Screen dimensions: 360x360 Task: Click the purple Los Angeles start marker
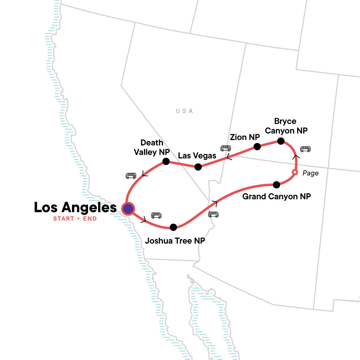(128, 208)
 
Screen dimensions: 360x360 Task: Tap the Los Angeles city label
(75, 207)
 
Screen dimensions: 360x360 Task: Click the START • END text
(75, 219)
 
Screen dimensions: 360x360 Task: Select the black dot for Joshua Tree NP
(173, 227)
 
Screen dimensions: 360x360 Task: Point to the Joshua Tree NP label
(175, 241)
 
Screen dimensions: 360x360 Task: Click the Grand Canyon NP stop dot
(277, 185)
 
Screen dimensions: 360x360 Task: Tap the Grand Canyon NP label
(277, 196)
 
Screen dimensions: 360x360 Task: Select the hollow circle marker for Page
(295, 172)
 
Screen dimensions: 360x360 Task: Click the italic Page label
(310, 173)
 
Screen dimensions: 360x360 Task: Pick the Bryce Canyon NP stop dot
(281, 141)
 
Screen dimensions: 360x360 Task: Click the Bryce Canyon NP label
(286, 126)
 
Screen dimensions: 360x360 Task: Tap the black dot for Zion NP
(257, 147)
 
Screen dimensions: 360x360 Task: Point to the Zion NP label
(245, 137)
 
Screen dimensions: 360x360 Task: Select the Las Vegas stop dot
(198, 167)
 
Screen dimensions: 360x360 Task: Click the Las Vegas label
(197, 156)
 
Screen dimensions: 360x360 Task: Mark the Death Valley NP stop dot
(166, 162)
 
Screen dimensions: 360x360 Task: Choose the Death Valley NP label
(152, 147)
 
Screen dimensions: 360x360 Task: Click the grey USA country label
(184, 111)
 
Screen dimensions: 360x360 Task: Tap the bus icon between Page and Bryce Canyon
(305, 149)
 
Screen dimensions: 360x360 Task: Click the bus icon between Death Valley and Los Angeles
(131, 176)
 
